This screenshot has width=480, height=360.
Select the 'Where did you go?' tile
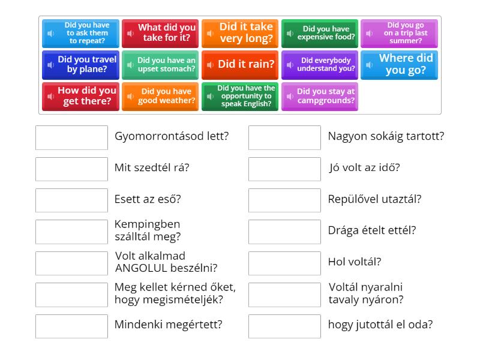coord(399,65)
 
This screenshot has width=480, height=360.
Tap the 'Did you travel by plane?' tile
coord(80,65)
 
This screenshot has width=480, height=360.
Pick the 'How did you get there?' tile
coord(80,96)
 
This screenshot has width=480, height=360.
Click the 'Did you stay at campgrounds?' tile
coord(319,96)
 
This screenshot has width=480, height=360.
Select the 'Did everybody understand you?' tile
coord(319,65)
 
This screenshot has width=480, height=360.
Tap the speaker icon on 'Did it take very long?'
coord(210,34)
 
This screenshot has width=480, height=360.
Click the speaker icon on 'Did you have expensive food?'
coord(290,34)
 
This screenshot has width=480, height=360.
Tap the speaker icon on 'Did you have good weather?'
coord(130,96)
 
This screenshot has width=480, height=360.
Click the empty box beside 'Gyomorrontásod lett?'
coord(71,137)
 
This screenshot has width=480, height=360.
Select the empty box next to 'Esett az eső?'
coord(71,200)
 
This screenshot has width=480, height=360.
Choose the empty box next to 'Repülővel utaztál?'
coord(284,200)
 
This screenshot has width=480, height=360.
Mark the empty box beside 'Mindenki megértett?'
coord(71,326)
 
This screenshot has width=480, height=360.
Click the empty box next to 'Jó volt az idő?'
coord(284,169)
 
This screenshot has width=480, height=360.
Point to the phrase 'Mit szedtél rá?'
coord(152,168)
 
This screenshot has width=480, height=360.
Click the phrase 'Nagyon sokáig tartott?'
coord(386,136)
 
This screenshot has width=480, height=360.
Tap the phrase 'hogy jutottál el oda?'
coord(380,325)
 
